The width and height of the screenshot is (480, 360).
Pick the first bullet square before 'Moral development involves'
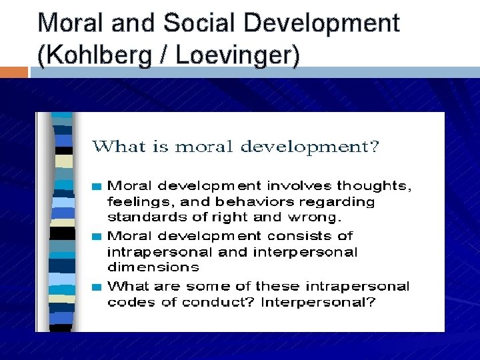[x=97, y=186]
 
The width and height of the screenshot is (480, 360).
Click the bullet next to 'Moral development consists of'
[x=97, y=236]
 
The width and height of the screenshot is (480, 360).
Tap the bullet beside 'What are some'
[x=97, y=287]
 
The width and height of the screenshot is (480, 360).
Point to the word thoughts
[x=373, y=186]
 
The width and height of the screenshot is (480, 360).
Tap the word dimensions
[x=153, y=267]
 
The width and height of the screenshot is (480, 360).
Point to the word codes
[x=127, y=302]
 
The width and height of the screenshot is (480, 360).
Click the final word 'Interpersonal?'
[x=319, y=302]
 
